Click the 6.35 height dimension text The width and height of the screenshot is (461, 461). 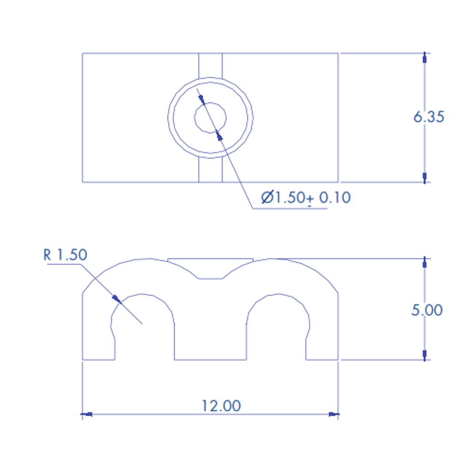point(429,117)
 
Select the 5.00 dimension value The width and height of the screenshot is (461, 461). point(427,310)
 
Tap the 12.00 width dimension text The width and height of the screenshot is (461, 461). point(221,406)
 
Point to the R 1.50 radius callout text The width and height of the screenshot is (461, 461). point(65,254)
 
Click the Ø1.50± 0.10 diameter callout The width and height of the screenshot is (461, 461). point(306,198)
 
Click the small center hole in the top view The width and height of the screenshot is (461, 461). point(210,118)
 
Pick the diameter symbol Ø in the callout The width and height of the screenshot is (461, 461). point(267,197)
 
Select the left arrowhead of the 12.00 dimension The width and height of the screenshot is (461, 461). point(87,414)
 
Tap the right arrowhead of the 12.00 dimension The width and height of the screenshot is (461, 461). point(334,414)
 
